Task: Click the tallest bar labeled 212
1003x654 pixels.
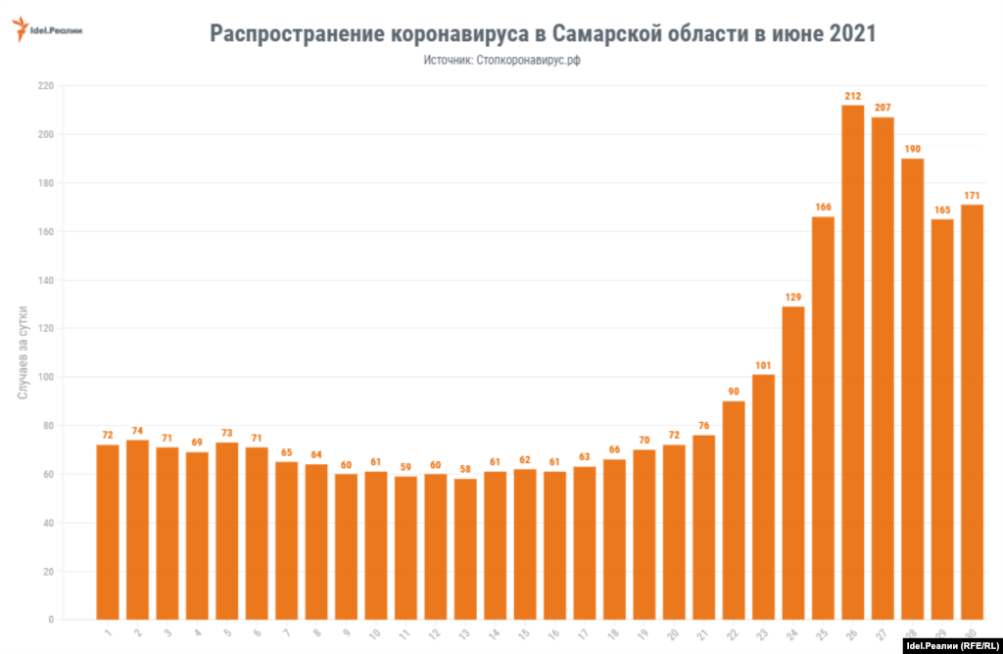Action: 853,362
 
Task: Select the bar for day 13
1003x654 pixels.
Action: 465,548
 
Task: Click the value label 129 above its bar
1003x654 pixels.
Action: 793,296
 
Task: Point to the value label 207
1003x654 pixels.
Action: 883,107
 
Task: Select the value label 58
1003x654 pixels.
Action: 465,468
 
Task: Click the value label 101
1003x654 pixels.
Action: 764,364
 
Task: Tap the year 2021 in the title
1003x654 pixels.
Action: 843,34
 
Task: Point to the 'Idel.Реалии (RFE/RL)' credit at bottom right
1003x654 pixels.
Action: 950,645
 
